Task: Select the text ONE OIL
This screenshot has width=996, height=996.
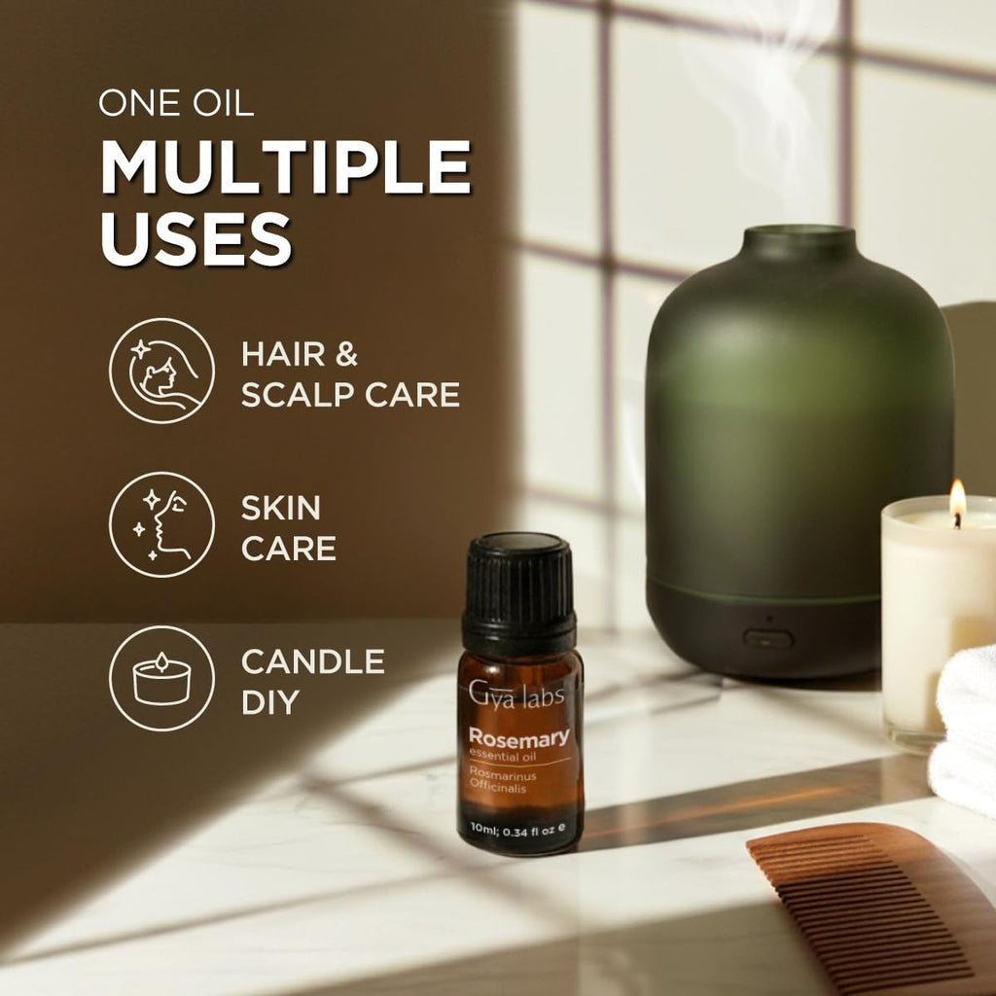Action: pyautogui.click(x=176, y=103)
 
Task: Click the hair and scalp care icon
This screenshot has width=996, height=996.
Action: pyautogui.click(x=162, y=371)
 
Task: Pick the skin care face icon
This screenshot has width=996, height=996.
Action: pyautogui.click(x=162, y=524)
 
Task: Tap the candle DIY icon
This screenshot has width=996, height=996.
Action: pyautogui.click(x=162, y=678)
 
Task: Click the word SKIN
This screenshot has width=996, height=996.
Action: pyautogui.click(x=281, y=508)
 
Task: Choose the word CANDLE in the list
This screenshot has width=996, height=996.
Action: pyautogui.click(x=313, y=661)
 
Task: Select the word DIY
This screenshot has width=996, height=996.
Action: pyautogui.click(x=270, y=702)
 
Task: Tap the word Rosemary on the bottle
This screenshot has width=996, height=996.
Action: pyautogui.click(x=519, y=737)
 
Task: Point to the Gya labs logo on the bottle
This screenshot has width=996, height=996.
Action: pyautogui.click(x=516, y=694)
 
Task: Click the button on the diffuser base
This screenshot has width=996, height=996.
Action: pyautogui.click(x=768, y=639)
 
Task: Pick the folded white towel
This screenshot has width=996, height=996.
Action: pyautogui.click(x=964, y=730)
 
